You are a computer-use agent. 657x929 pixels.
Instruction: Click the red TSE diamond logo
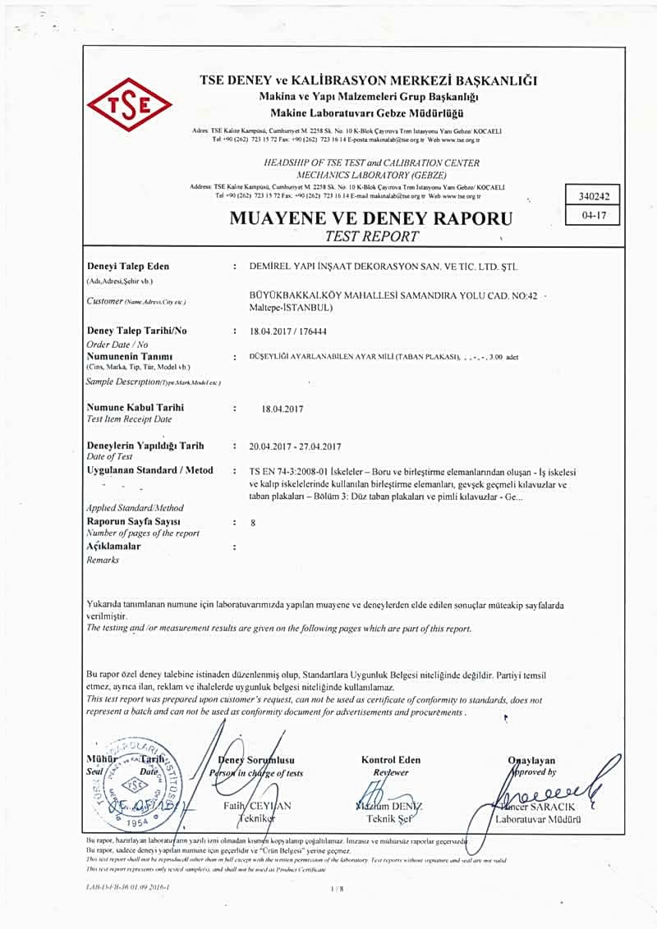click(128, 104)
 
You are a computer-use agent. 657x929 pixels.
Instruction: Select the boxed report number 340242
click(592, 196)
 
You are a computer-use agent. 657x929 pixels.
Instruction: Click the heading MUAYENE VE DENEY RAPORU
click(371, 219)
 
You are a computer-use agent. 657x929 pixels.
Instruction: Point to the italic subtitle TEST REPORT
click(371, 236)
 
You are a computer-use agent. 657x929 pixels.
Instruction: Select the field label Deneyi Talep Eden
click(127, 267)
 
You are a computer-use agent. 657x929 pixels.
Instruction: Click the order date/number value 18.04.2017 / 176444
click(300, 330)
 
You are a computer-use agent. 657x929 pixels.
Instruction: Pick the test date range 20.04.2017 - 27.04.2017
click(295, 446)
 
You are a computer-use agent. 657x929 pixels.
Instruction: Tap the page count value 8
click(253, 522)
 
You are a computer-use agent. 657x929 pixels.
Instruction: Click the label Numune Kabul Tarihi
click(135, 407)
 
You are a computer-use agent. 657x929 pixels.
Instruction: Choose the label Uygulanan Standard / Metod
click(149, 470)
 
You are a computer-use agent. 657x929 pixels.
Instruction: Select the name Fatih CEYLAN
click(256, 806)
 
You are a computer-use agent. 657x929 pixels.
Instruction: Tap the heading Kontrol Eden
click(391, 760)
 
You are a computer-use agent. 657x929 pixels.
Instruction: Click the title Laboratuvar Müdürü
click(540, 819)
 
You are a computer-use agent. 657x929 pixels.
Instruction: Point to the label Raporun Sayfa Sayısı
click(133, 521)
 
